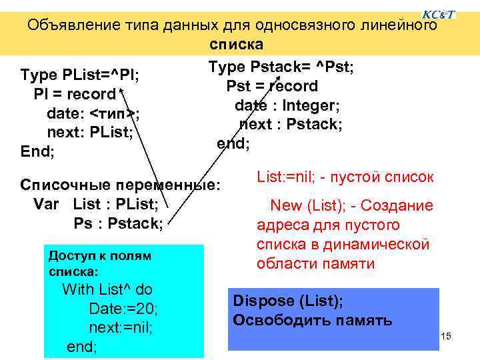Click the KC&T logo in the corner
click(x=439, y=13)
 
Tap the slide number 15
click(x=446, y=336)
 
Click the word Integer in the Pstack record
click(x=311, y=105)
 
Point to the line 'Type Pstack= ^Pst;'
click(x=281, y=67)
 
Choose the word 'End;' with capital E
click(x=38, y=151)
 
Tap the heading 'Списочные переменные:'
click(x=119, y=183)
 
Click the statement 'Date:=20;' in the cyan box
click(x=123, y=309)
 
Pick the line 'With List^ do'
click(x=107, y=289)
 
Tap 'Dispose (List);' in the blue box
click(x=288, y=301)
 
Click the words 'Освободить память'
click(x=312, y=320)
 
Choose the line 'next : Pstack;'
click(x=291, y=124)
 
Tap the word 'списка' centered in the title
click(x=237, y=45)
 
